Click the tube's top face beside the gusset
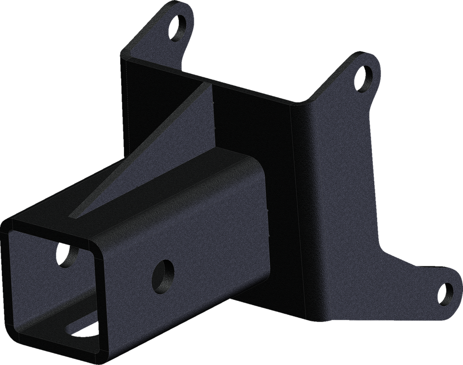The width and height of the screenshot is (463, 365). [193, 188]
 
